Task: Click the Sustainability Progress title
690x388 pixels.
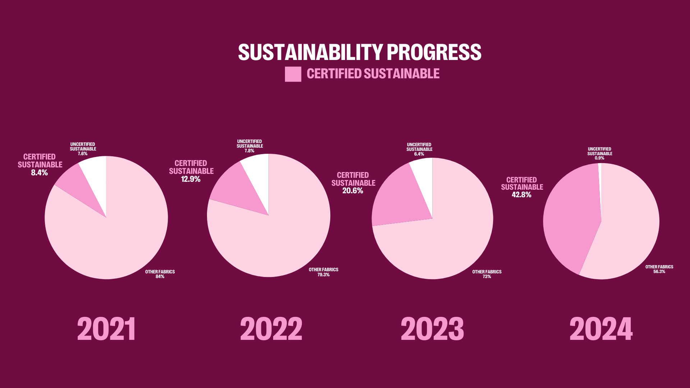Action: coord(359,52)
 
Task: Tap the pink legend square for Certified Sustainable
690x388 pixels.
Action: coord(293,74)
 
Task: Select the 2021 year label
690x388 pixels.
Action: coord(106,329)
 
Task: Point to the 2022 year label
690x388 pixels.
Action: coord(271,329)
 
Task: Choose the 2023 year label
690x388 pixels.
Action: coord(432,329)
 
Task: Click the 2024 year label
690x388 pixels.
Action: coord(601,329)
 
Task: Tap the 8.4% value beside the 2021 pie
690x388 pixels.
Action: coord(39,173)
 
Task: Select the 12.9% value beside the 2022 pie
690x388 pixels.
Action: coord(190,179)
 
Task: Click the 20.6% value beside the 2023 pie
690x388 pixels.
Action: coord(353,191)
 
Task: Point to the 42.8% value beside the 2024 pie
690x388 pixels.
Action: coord(521,195)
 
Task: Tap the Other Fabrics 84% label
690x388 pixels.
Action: coord(160,274)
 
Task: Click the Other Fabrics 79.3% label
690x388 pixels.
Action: coord(323,272)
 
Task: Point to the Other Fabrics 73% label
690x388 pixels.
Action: coord(487,274)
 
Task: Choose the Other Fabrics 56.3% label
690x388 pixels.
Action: coord(659,269)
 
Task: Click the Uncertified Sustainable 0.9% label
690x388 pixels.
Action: coord(599,153)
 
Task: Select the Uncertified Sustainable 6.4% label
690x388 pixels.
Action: coord(419,149)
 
